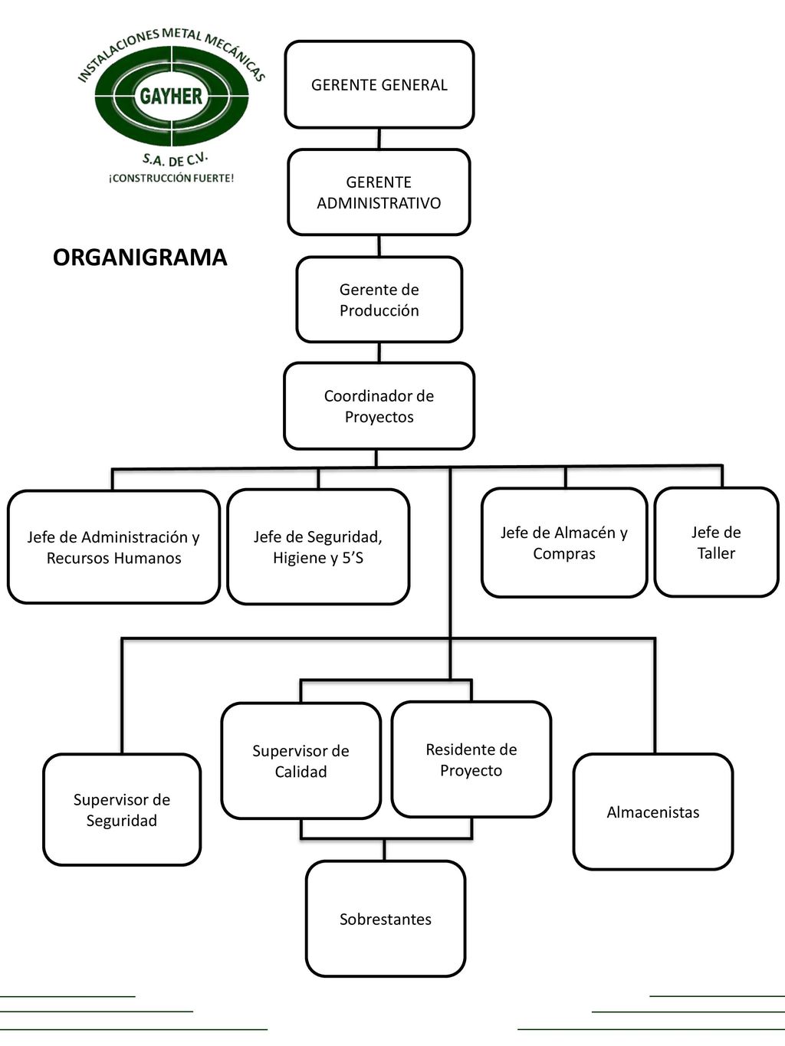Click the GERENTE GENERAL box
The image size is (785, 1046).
[x=379, y=84]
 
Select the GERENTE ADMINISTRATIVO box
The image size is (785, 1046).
[x=379, y=192]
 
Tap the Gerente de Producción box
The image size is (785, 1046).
[x=379, y=300]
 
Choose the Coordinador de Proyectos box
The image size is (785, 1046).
[x=379, y=406]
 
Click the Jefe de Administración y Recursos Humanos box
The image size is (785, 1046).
[x=113, y=547]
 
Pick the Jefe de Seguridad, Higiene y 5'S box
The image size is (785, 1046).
[x=318, y=547]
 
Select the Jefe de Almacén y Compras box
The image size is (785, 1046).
[x=564, y=543]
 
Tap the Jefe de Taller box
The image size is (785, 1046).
[x=716, y=543]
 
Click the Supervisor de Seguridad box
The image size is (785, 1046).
[x=122, y=810]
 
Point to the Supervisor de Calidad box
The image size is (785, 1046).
[x=301, y=761]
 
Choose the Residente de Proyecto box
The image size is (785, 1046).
[x=471, y=759]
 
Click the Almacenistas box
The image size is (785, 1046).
[x=652, y=812]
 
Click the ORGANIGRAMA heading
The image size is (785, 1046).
[x=140, y=257]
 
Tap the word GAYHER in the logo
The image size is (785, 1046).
[x=171, y=97]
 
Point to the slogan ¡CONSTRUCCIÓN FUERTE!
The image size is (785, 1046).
[x=171, y=179]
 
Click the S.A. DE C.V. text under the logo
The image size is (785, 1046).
[x=175, y=159]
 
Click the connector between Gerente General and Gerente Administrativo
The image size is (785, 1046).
[x=379, y=139]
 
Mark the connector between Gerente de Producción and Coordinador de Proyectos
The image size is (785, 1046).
[x=379, y=352]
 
